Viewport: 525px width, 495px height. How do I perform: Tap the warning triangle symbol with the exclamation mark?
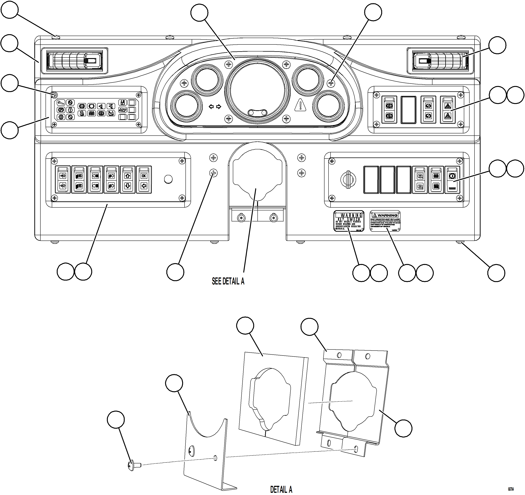(300, 105)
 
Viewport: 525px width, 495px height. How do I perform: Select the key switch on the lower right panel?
(348, 180)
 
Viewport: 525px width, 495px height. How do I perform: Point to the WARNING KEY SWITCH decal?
(349, 221)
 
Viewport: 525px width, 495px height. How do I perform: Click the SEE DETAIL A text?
(228, 281)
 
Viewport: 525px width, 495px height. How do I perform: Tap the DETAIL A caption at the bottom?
(281, 489)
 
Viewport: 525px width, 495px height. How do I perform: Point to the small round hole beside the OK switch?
(168, 179)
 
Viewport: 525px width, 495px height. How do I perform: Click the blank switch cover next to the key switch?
(371, 180)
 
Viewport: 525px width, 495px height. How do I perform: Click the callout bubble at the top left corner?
(10, 10)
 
